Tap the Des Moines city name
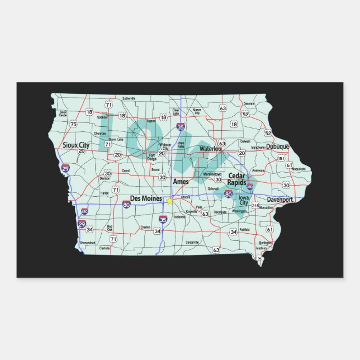pyautogui.click(x=146, y=198)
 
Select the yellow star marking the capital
pyautogui.click(x=169, y=201)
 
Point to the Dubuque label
pyautogui.click(x=277, y=146)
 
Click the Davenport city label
pyautogui.click(x=280, y=199)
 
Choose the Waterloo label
pyautogui.click(x=211, y=149)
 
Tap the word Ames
pyautogui.click(x=181, y=182)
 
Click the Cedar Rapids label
pyautogui.click(x=238, y=179)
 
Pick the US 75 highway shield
pyautogui.click(x=73, y=124)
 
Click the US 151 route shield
pyautogui.click(x=281, y=158)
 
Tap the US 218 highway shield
pyautogui.click(x=255, y=206)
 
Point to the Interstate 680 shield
pyautogui.click(x=84, y=211)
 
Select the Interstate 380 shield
pyautogui.click(x=250, y=187)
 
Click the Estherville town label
pyautogui.click(x=129, y=98)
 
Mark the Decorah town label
pyautogui.click(x=249, y=103)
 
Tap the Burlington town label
pyautogui.click(x=265, y=243)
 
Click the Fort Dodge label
pyautogui.click(x=151, y=158)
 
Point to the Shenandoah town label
pyautogui.click(x=87, y=243)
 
